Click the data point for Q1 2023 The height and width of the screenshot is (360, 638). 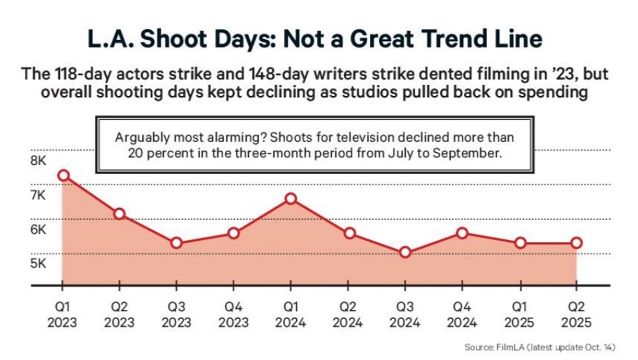[63, 175]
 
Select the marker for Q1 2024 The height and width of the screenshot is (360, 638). [291, 199]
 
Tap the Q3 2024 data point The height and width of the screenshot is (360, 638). [404, 252]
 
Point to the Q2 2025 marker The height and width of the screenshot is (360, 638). [576, 243]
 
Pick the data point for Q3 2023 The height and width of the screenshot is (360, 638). [176, 243]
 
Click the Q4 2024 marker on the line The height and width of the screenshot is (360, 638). [462, 233]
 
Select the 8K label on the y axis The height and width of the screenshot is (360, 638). [38, 160]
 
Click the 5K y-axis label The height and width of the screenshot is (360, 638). [38, 263]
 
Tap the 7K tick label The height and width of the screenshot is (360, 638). [38, 195]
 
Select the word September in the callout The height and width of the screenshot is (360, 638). [467, 154]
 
